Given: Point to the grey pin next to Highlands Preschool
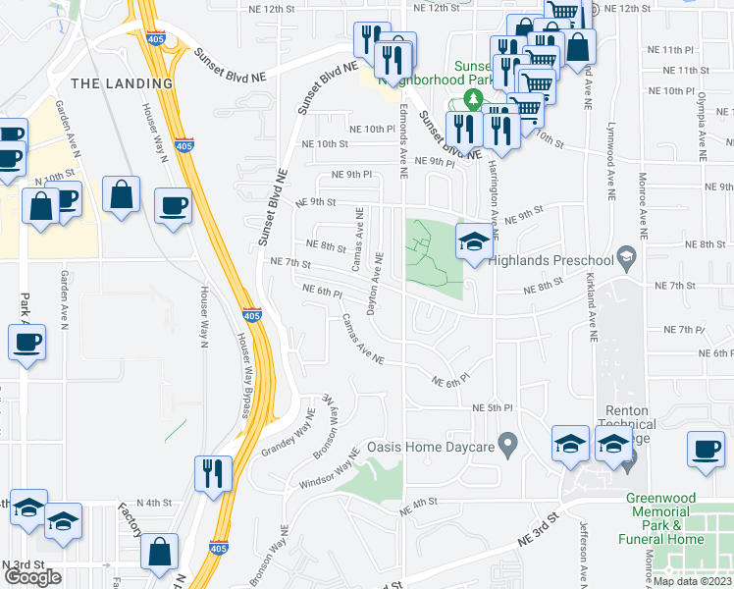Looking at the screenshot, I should click(625, 258).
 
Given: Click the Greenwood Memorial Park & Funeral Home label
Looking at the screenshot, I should click(667, 518).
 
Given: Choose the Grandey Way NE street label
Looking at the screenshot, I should click(287, 436).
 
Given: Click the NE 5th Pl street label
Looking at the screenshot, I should click(494, 407).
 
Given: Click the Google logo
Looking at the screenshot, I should click(32, 577).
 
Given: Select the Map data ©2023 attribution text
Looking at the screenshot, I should click(692, 581).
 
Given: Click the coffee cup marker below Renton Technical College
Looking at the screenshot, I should click(705, 450).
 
